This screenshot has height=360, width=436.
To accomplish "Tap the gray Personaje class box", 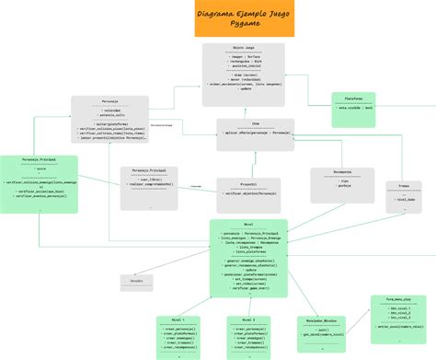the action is [109, 119].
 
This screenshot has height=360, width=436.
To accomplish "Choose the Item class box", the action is [255, 134].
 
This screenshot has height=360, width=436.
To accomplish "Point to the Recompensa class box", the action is [341, 184].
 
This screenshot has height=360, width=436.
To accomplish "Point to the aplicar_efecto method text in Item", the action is [255, 134].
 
